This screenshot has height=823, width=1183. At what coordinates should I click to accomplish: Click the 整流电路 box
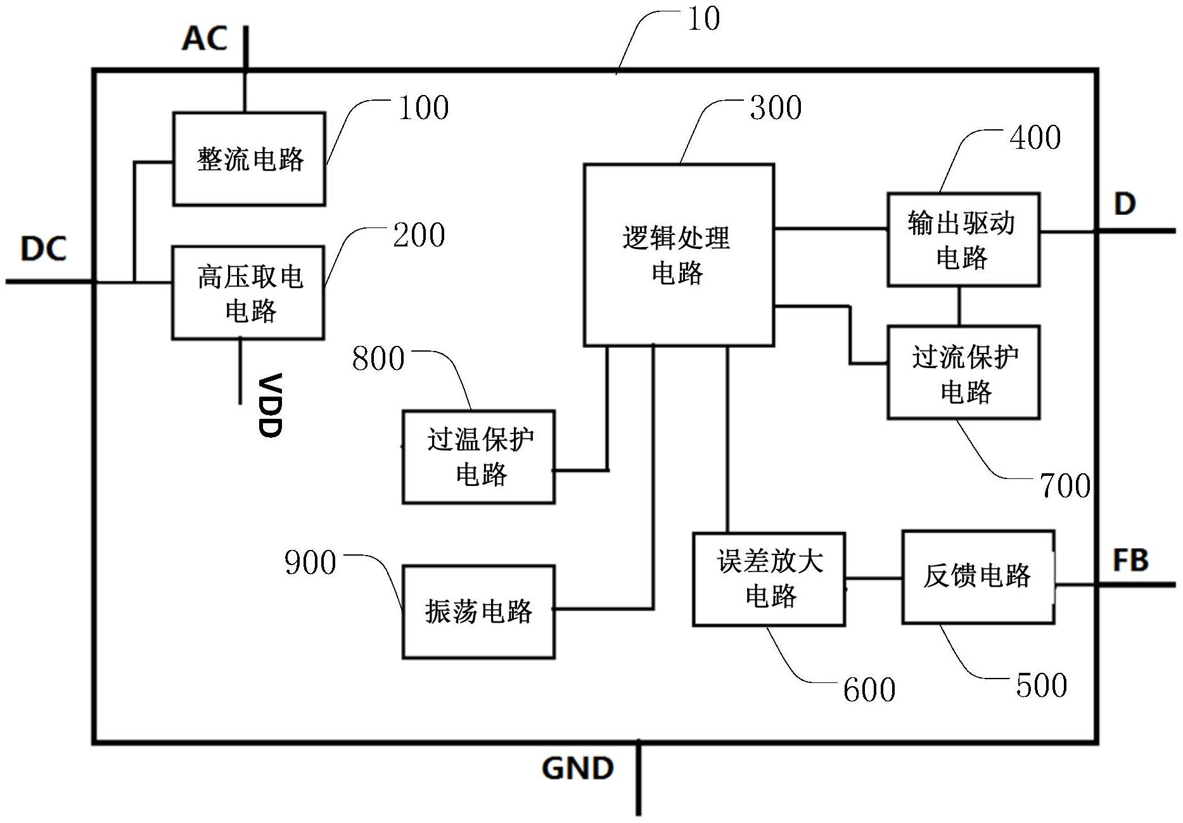point(249,159)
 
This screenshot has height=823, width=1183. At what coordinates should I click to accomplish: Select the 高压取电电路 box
point(248,293)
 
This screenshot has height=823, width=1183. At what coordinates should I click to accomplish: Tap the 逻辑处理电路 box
point(678,255)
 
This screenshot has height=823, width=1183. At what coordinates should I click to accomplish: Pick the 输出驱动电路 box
point(962,239)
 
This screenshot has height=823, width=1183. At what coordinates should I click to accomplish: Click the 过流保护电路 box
point(963,373)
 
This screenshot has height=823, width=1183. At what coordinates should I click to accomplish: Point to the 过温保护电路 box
point(478,457)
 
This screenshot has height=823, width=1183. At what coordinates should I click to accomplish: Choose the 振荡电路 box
point(478,612)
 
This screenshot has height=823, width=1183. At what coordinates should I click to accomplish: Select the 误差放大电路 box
point(769,579)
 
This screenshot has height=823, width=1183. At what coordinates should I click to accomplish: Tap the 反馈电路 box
point(978,577)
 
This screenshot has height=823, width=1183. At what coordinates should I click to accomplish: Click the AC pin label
point(204,39)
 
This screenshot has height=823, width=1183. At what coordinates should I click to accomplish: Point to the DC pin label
point(43,249)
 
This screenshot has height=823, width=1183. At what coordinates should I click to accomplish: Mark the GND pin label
point(577,769)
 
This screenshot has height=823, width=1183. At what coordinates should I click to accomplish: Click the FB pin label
point(1130,561)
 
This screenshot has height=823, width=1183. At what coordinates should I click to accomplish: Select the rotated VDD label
point(271,405)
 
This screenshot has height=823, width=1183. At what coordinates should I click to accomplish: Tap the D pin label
point(1124,205)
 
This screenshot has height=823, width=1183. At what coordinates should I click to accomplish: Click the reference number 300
point(776,108)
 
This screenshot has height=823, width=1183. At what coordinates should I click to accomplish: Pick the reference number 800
point(378,359)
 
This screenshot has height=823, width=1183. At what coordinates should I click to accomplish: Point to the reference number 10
point(703,19)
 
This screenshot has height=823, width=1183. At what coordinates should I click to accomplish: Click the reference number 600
point(869,689)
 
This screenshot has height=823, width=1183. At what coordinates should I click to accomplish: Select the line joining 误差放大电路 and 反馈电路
point(873,578)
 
